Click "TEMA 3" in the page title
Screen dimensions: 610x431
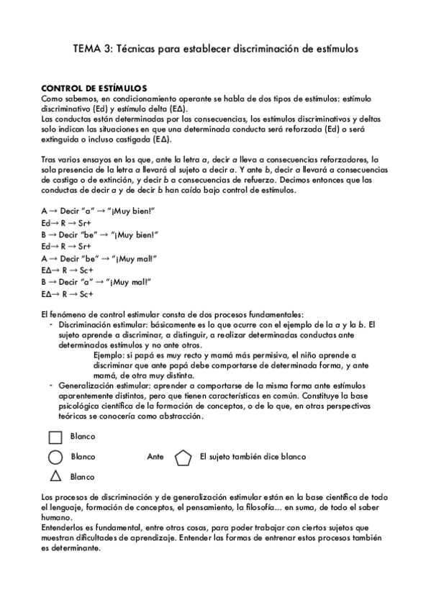[x=92, y=49]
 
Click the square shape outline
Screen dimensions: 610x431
[x=55, y=437]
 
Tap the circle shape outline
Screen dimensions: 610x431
[x=55, y=457]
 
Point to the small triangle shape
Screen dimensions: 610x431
[x=55, y=475]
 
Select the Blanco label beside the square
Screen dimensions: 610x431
[x=83, y=437]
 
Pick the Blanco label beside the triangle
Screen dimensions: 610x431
[x=83, y=476]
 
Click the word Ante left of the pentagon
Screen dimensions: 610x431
[x=155, y=457]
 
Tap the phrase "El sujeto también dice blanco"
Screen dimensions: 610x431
[x=253, y=457]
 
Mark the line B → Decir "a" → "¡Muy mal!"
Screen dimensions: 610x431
[x=98, y=283]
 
